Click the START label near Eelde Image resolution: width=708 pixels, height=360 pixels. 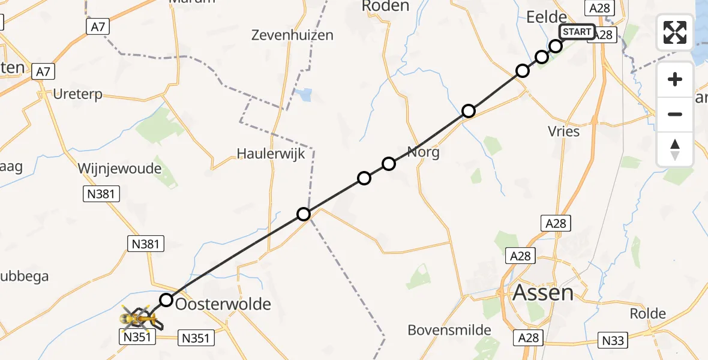[x=577, y=32]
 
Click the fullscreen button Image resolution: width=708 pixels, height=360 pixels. [x=675, y=32]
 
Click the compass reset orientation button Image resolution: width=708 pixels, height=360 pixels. [x=675, y=149]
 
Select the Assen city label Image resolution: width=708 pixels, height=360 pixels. [x=543, y=293]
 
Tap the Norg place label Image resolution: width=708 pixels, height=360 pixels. [x=423, y=152]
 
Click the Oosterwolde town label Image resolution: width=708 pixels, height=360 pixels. [x=223, y=304]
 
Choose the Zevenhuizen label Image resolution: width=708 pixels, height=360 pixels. [x=293, y=35]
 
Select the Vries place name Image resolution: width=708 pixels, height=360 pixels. [x=563, y=131]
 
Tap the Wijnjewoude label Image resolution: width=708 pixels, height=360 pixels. [x=119, y=169]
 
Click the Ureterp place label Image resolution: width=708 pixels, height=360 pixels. [x=77, y=94]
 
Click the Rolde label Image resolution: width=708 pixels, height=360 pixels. [x=648, y=313]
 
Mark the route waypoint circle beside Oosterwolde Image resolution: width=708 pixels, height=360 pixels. [x=166, y=299]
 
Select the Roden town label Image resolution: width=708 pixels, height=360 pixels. [x=386, y=7]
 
